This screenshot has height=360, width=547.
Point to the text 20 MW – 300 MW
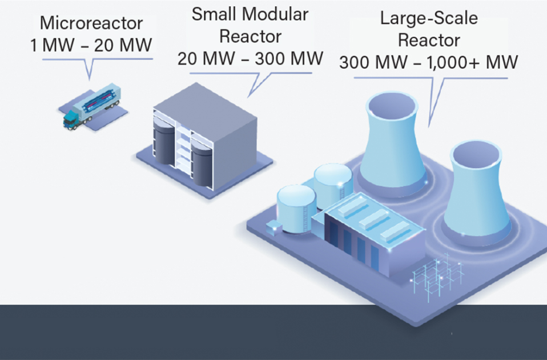pos(250,58)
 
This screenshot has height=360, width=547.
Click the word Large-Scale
pos(429,19)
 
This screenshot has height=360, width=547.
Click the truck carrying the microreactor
pos(94,109)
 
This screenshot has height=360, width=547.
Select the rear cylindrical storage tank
pos(333,182)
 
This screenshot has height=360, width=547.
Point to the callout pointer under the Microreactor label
pos(88,69)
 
